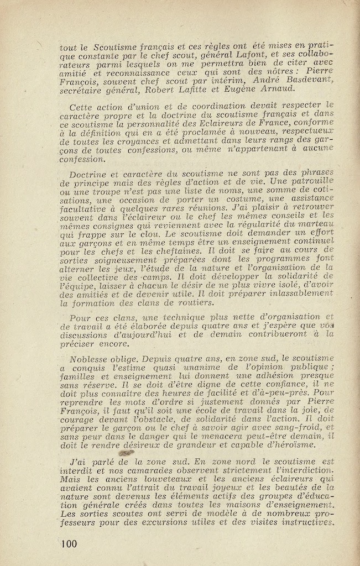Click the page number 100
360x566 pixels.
[x=69, y=543]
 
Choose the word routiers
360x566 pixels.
[x=192, y=302]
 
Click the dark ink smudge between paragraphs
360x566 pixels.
[x=126, y=453]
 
